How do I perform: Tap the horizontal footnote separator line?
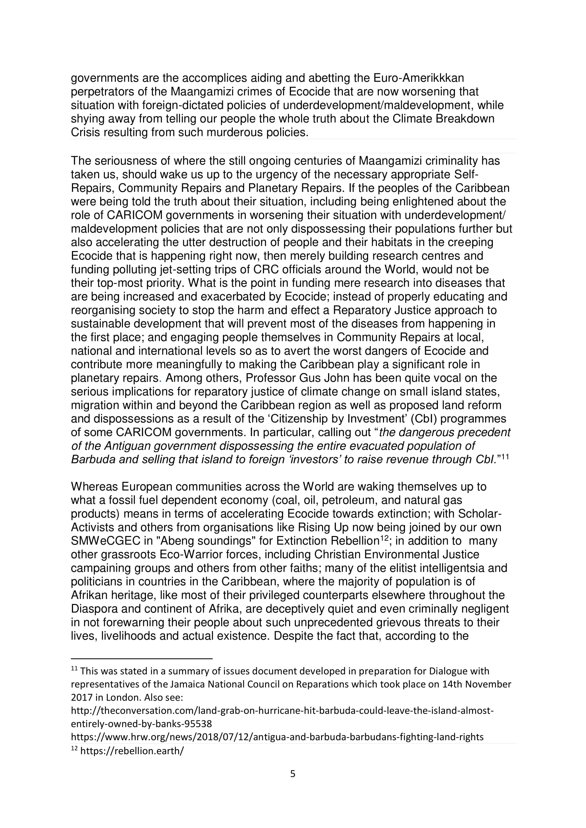click(x=141, y=658)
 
